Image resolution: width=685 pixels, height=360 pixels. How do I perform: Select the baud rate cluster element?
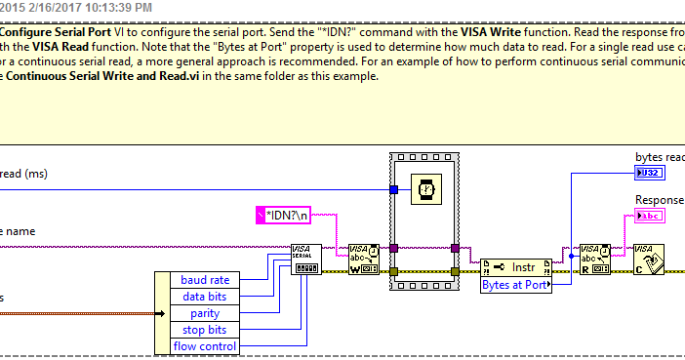tap(206, 279)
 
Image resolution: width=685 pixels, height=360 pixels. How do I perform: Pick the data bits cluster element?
tap(206, 296)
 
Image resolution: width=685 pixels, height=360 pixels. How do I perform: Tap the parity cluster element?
tap(206, 313)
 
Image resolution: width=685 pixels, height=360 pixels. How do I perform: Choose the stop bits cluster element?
tap(206, 330)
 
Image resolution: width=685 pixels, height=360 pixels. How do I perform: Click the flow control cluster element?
tap(206, 346)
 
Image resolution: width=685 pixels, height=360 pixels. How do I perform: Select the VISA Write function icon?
tap(364, 260)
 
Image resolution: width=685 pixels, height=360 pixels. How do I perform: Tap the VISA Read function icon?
tap(594, 260)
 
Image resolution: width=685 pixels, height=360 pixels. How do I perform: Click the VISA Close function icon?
tap(649, 260)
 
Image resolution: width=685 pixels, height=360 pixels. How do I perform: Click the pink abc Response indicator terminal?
tap(648, 216)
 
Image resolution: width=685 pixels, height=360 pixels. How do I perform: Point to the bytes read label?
tap(659, 157)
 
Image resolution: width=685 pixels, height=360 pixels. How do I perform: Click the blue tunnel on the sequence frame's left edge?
tap(393, 189)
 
